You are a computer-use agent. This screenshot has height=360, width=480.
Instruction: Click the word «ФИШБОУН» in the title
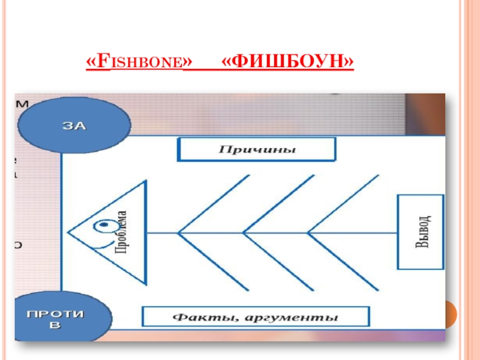click(287, 62)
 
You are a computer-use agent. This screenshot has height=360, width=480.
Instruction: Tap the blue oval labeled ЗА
click(74, 125)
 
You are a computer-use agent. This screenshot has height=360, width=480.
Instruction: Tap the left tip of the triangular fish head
click(68, 232)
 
